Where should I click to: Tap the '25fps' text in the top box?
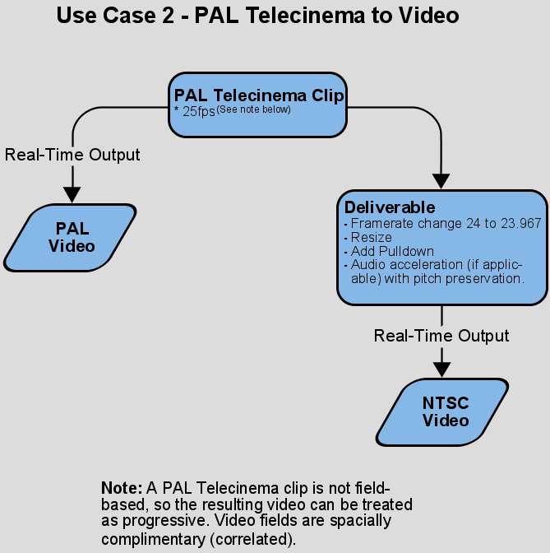coord(198,111)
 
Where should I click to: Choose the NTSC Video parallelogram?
coord(445,411)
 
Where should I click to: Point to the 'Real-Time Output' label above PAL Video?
coord(72,155)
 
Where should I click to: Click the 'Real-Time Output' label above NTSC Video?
coord(441,336)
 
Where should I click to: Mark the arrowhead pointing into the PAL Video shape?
coord(72,194)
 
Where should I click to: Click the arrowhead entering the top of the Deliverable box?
coord(442,182)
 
